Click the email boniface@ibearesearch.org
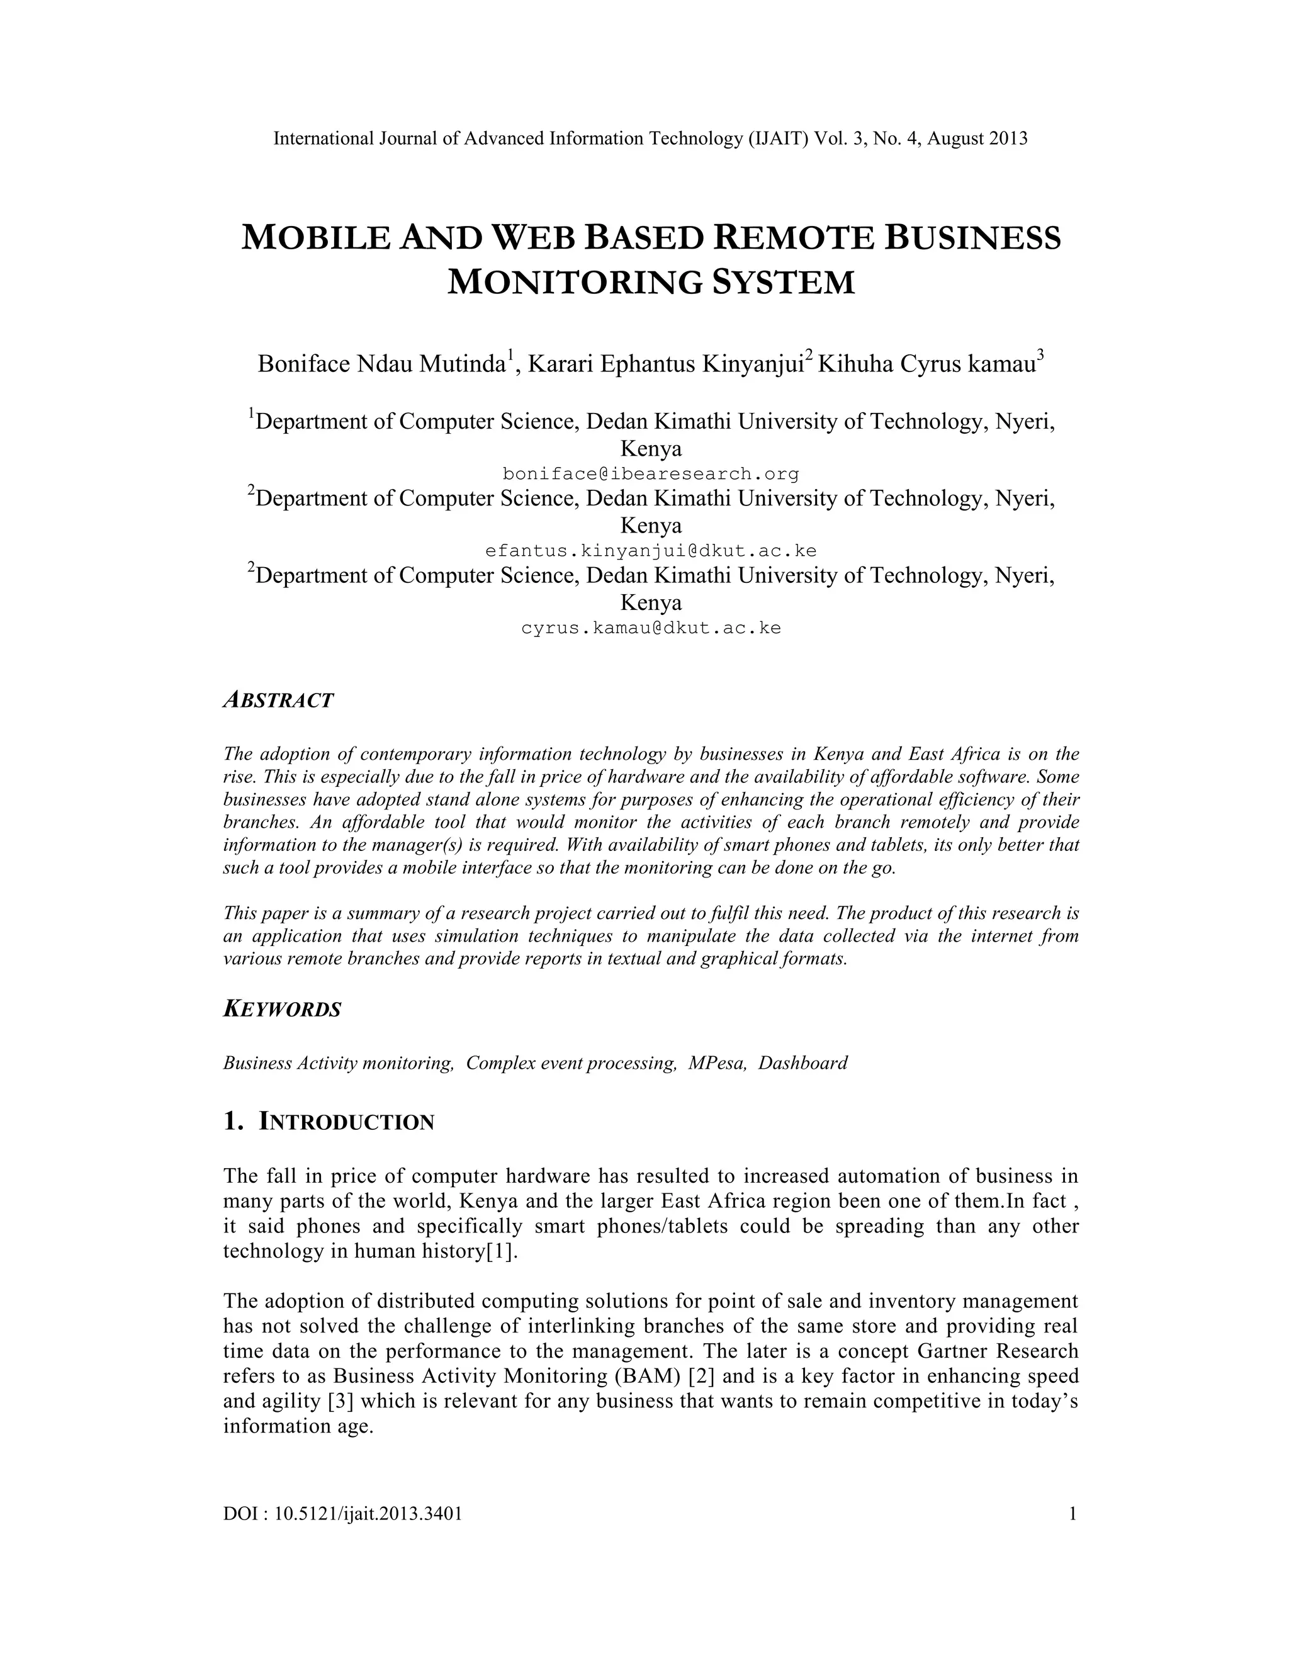pyautogui.click(x=651, y=475)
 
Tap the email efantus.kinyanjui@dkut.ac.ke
pyautogui.click(x=651, y=551)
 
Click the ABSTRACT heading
pyautogui.click(x=278, y=701)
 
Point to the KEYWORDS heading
pyautogui.click(x=282, y=1009)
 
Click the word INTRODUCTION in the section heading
pyautogui.click(x=347, y=1122)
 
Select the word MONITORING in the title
pyautogui.click(x=573, y=283)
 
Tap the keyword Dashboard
pyautogui.click(x=802, y=1063)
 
